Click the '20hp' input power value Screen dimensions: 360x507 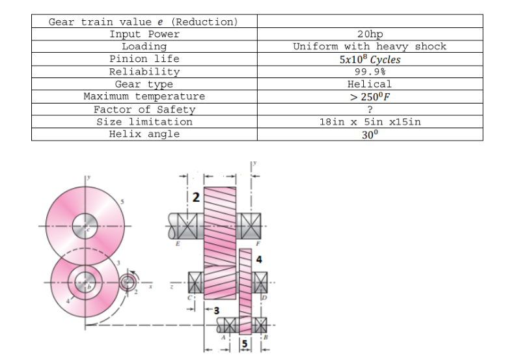(x=370, y=34)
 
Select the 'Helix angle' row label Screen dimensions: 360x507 (x=144, y=134)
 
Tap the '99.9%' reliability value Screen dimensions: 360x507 (x=370, y=72)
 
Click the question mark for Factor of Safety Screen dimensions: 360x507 (x=370, y=109)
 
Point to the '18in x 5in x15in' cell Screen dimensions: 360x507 (x=370, y=122)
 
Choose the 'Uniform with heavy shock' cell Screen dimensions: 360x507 (x=370, y=46)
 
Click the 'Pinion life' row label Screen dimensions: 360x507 (x=144, y=59)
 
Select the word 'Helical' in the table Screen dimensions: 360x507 (x=370, y=84)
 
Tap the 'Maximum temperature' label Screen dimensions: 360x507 (x=144, y=96)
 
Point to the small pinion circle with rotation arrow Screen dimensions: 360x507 (x=127, y=283)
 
